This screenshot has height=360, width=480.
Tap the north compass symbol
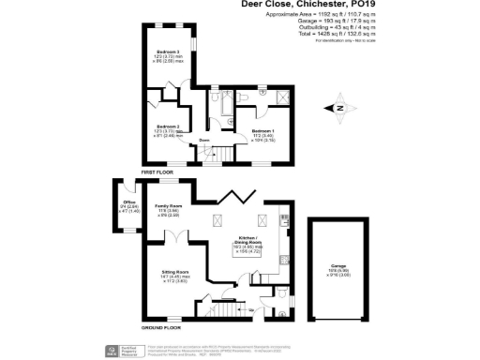coord(340,109)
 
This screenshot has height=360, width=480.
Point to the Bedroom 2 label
coord(167,127)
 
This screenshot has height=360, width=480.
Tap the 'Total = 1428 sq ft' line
coord(336,35)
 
